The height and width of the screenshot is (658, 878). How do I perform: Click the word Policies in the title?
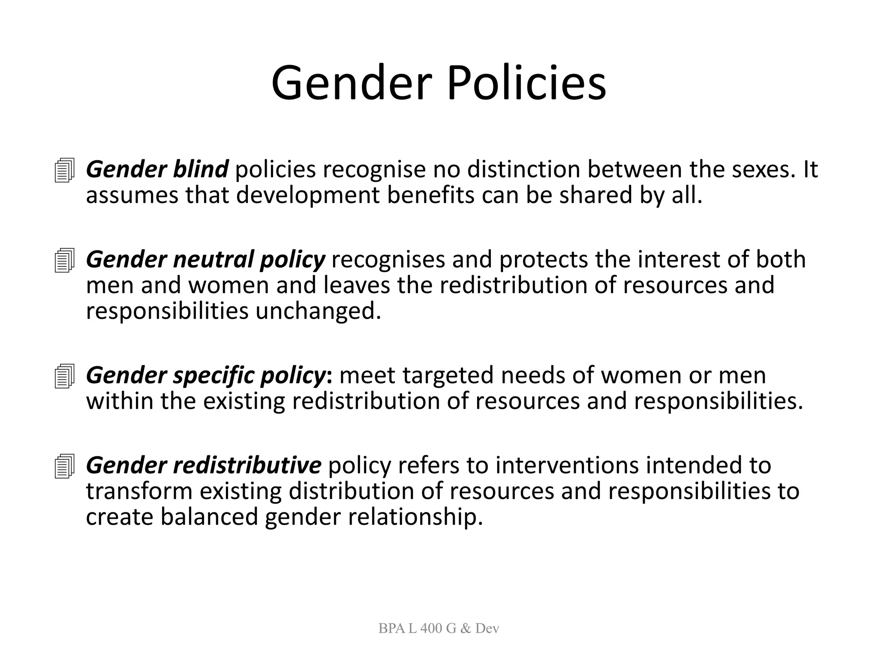coord(526,83)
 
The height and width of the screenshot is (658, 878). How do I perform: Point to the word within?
coord(120,401)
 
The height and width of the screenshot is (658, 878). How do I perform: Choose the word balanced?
coord(209,517)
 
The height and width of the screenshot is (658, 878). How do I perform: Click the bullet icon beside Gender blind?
coord(65,170)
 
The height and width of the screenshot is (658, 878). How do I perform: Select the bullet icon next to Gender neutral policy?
coord(65,260)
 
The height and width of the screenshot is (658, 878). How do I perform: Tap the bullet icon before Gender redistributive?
coord(65,466)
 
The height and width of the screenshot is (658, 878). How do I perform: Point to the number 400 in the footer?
coord(431,628)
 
